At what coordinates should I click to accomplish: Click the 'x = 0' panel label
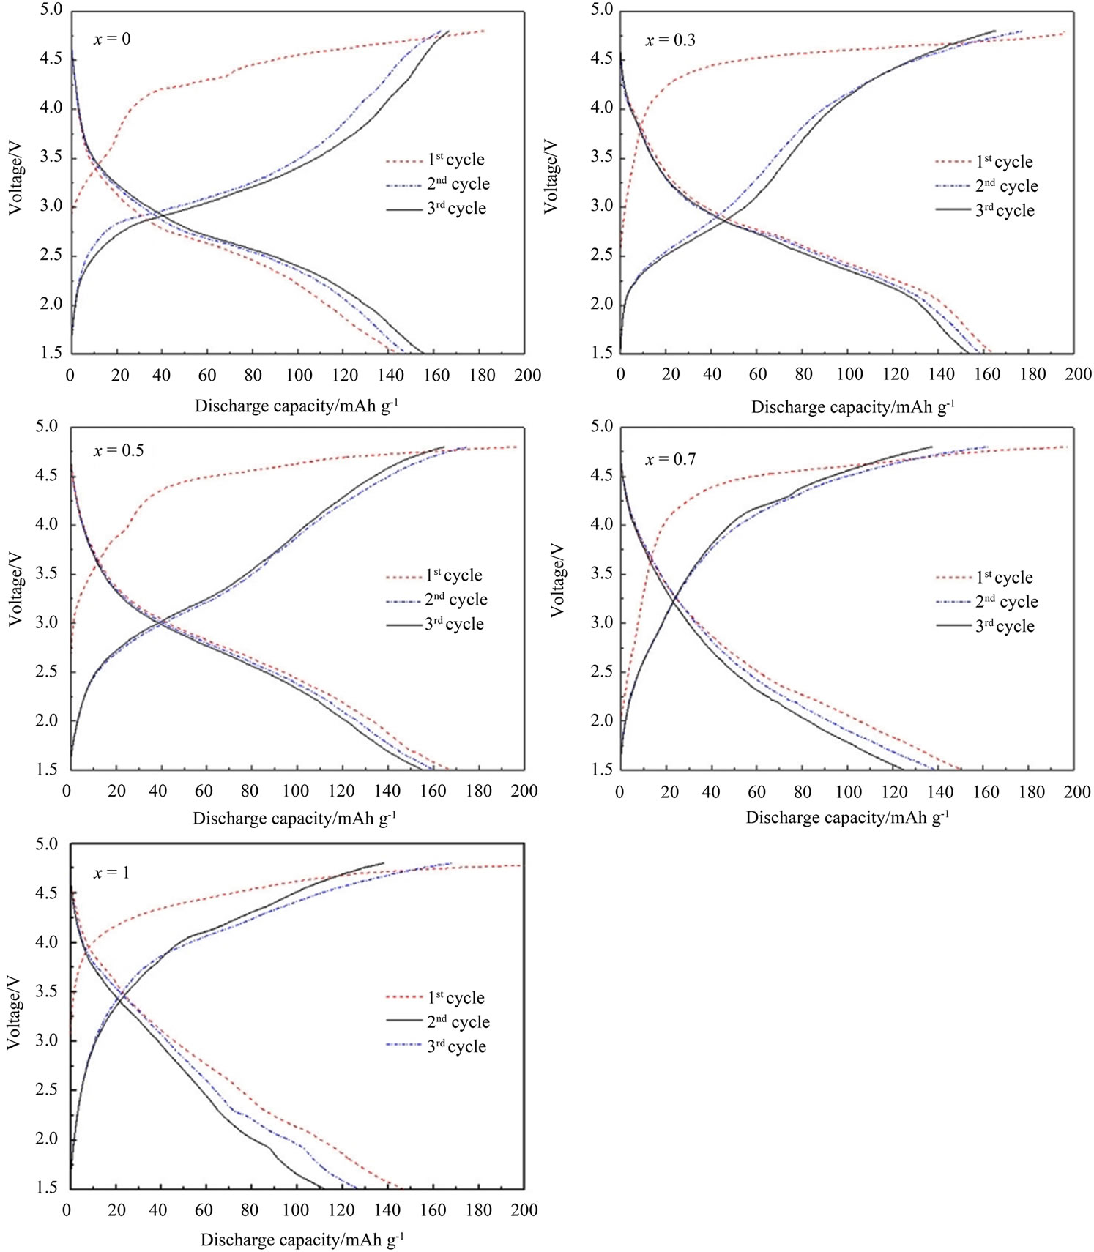point(112,39)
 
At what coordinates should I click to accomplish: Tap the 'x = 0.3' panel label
point(670,40)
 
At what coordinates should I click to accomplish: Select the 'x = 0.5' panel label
point(119,451)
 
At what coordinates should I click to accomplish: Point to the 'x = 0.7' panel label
point(670,460)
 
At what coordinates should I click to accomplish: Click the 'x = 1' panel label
point(111,873)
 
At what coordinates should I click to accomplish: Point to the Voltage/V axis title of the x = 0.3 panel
point(551,176)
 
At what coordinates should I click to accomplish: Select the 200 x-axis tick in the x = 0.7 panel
point(1077,791)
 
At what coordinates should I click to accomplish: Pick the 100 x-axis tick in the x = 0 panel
point(298,376)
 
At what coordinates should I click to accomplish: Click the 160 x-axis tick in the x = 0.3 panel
point(987,374)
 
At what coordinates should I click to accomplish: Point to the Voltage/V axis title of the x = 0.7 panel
point(557,580)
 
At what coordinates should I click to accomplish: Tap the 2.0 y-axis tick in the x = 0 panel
point(51,304)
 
